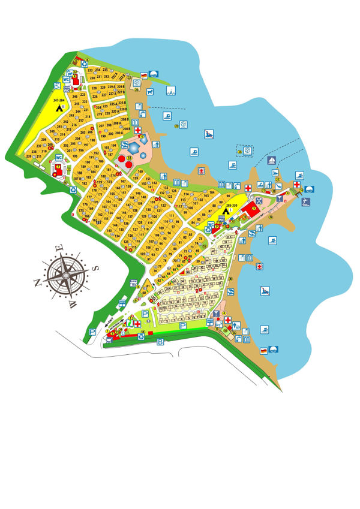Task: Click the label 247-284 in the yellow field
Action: click(58, 100)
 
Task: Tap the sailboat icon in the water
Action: click(272, 161)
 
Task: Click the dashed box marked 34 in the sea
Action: click(244, 152)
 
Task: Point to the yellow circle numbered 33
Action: click(128, 158)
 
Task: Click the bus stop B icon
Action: click(160, 342)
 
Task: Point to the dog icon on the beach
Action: click(150, 92)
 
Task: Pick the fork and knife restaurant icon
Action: click(259, 200)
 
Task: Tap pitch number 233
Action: click(90, 71)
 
